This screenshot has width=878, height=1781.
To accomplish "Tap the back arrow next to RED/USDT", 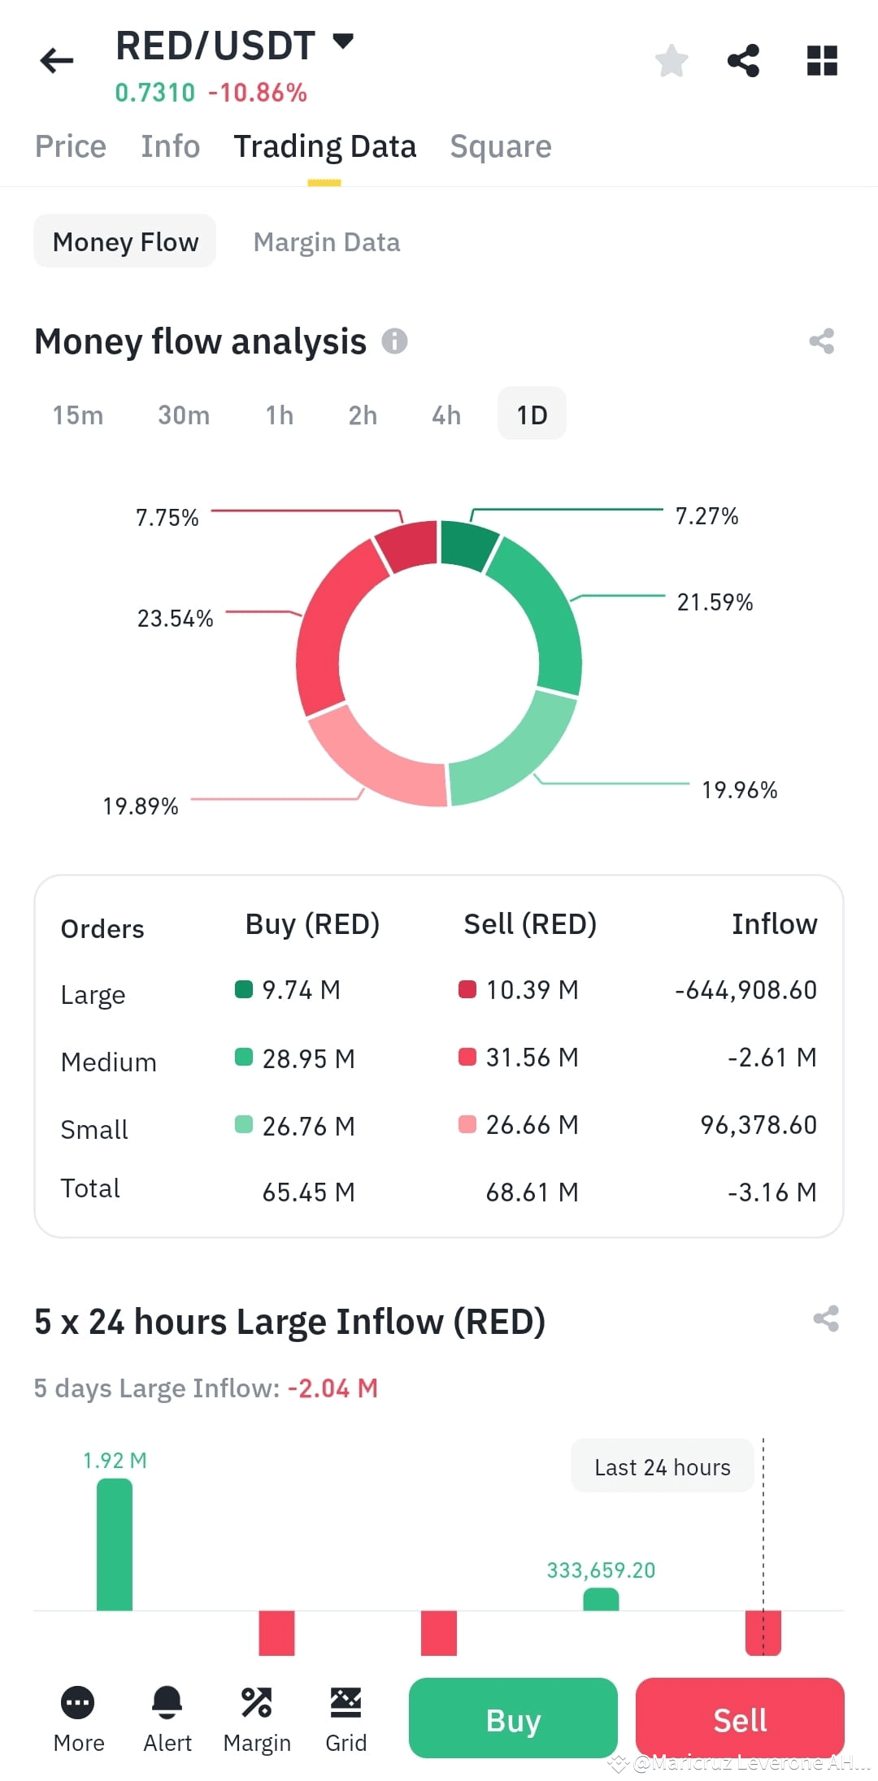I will [57, 60].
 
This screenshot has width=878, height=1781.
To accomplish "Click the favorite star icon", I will [672, 61].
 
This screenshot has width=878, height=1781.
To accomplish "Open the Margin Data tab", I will [326, 242].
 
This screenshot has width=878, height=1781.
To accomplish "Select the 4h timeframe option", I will [446, 415].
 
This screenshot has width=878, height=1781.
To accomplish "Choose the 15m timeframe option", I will [78, 415].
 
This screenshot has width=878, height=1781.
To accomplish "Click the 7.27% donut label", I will [706, 516].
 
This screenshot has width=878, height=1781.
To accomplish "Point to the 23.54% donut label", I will [175, 619].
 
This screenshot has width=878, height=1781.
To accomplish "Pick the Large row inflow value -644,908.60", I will [745, 990].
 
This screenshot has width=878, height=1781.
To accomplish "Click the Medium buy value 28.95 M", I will [308, 1058].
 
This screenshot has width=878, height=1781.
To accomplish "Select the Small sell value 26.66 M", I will [532, 1125].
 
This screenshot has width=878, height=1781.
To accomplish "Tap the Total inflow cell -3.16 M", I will [772, 1192].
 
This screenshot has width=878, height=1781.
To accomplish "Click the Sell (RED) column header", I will [530, 924].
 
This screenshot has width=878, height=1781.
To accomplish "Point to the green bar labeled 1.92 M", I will [115, 1544].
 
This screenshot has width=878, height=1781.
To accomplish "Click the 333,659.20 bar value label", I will [601, 1570].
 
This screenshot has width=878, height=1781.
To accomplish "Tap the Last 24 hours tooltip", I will [662, 1467].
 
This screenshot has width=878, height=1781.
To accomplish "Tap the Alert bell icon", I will [167, 1703].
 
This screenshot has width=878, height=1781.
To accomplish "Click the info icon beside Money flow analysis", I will [395, 341].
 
